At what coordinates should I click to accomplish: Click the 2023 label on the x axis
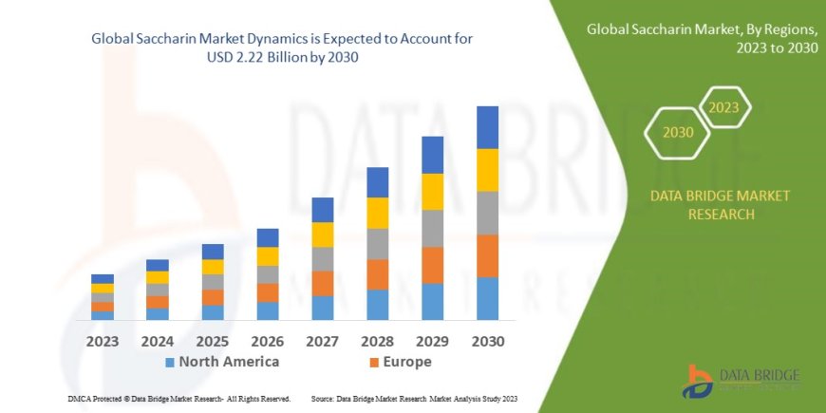coord(102,340)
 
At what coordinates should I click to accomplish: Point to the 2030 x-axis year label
coord(487,340)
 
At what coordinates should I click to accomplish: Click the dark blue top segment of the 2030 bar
coord(487,127)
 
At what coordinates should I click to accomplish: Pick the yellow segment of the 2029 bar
coord(432,192)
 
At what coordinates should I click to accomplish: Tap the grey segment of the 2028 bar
coord(377,244)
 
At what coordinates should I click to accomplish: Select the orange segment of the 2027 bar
coord(322,283)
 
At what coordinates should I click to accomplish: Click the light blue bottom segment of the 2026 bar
coord(268,310)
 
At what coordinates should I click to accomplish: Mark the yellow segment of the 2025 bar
coord(213,267)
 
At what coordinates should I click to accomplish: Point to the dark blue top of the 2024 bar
coord(158,265)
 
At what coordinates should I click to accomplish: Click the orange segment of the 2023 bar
coord(103,307)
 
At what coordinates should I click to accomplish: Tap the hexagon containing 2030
coord(678,132)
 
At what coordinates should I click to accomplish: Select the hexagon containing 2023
coord(723,107)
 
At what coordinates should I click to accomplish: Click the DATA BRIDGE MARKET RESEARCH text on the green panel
coord(720,205)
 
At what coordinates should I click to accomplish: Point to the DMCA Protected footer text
coord(179,398)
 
